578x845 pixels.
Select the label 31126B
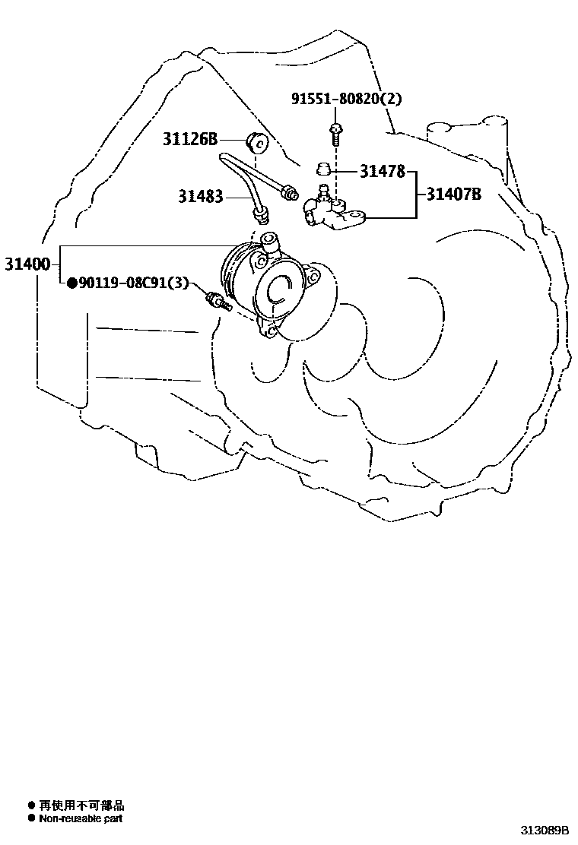(x=189, y=139)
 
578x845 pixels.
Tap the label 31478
(x=382, y=172)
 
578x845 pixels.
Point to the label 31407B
(x=453, y=195)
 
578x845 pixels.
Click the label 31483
(x=201, y=197)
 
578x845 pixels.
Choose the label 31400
(x=27, y=264)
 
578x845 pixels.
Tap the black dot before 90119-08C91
(x=71, y=283)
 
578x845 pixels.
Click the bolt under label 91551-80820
(x=335, y=134)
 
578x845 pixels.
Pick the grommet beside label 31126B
(x=256, y=142)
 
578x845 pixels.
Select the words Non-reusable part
(x=81, y=818)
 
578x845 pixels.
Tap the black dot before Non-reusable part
(x=31, y=818)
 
